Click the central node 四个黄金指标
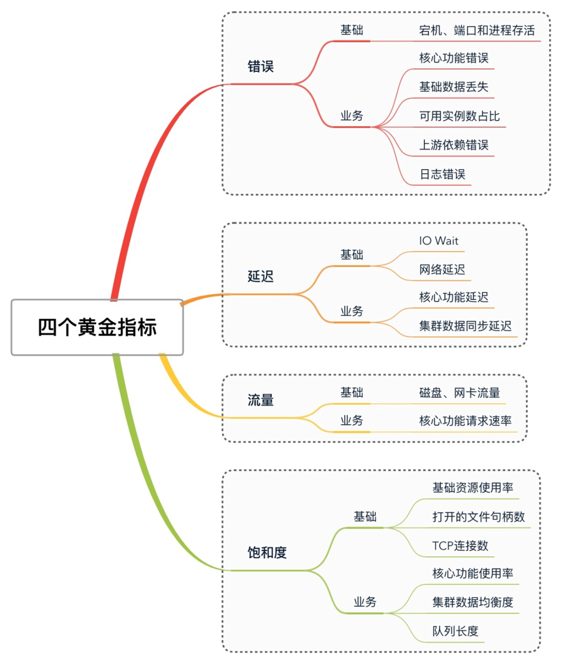click(x=97, y=327)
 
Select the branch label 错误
click(x=261, y=67)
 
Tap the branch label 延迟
click(x=261, y=276)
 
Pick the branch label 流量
click(x=261, y=400)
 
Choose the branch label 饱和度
click(x=267, y=553)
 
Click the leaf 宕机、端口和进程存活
click(x=477, y=30)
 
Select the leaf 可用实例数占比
click(x=459, y=116)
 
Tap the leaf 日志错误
click(x=442, y=174)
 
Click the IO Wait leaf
click(x=439, y=241)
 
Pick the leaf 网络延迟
click(x=442, y=269)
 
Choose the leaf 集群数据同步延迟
click(x=466, y=326)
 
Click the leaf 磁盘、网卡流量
click(x=460, y=393)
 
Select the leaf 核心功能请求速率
click(x=465, y=421)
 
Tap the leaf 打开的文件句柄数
click(x=479, y=517)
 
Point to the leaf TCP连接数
click(x=460, y=546)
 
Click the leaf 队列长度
click(x=455, y=631)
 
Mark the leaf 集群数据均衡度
click(x=472, y=602)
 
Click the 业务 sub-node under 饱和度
click(x=365, y=602)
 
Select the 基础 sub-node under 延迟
click(x=351, y=255)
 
